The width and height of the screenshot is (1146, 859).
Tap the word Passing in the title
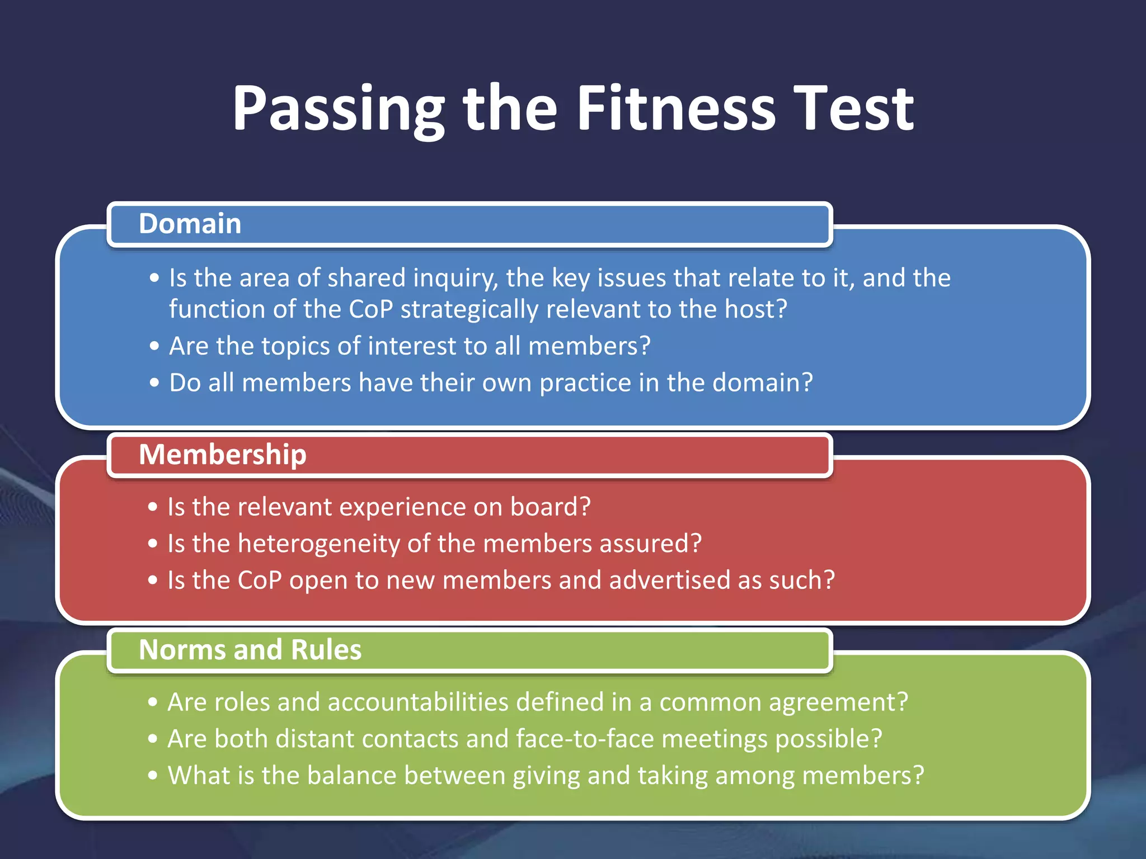(x=339, y=110)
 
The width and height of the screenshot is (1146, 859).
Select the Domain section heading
(x=190, y=224)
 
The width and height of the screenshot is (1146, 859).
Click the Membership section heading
(x=223, y=454)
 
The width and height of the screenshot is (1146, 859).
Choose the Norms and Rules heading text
(x=250, y=650)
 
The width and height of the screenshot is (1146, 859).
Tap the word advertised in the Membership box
(x=669, y=580)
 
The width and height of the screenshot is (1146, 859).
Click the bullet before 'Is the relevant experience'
(x=153, y=507)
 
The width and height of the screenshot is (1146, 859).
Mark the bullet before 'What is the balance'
(x=153, y=776)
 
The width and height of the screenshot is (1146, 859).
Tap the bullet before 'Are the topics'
(x=154, y=346)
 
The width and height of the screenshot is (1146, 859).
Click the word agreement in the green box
(x=783, y=703)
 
